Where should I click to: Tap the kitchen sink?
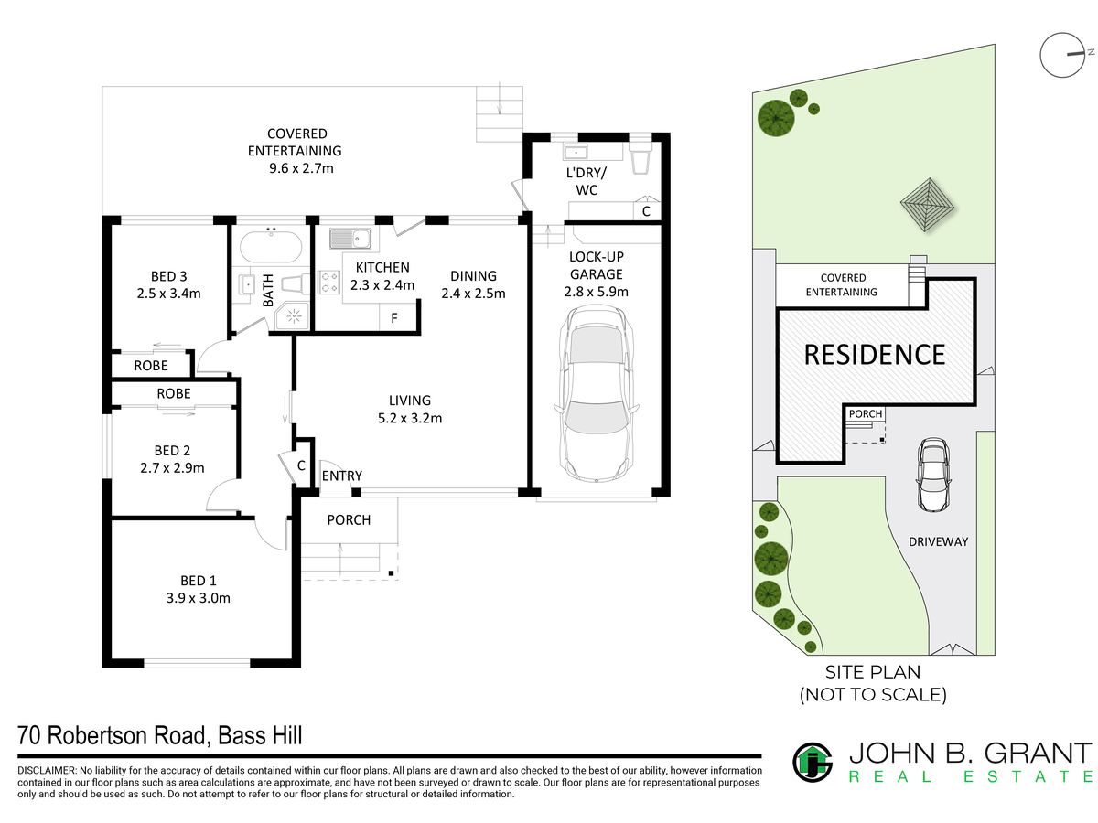(350, 239)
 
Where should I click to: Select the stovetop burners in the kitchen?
(329, 281)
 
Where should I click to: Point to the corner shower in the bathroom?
(292, 315)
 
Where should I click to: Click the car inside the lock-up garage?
(596, 393)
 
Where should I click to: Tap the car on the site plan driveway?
(933, 475)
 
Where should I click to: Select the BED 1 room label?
(198, 580)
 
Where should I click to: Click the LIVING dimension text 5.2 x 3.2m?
(409, 418)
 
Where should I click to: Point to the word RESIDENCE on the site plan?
(874, 354)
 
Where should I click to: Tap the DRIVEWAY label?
(938, 541)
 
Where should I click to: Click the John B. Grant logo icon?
(812, 763)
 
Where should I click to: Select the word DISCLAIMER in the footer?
(47, 770)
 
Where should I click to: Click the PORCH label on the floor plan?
(349, 519)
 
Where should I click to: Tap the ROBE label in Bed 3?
(151, 365)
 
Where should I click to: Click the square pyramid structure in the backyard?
(928, 205)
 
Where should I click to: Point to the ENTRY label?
(341, 476)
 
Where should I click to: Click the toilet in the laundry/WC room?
(640, 156)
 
